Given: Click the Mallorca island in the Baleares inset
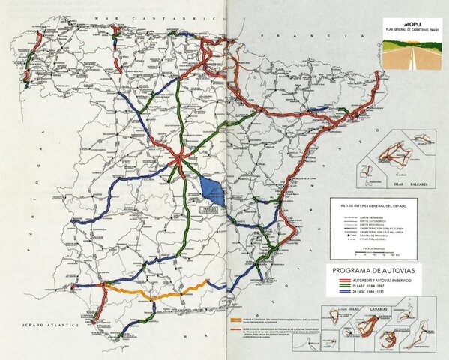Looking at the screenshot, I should (x=390, y=157).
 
